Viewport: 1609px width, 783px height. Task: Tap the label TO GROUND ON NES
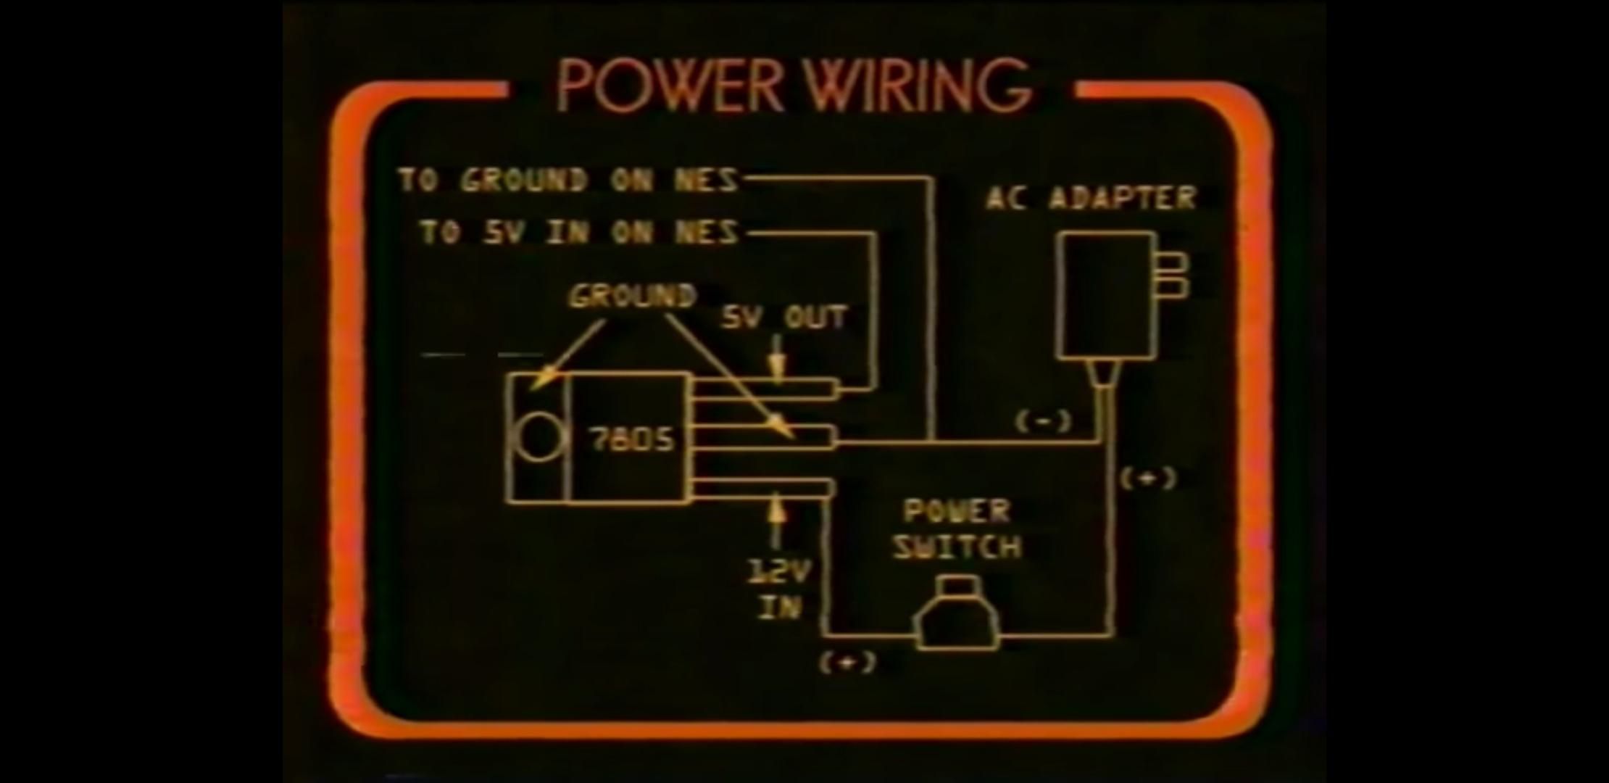(569, 180)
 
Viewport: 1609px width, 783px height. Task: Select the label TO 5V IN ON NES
(579, 232)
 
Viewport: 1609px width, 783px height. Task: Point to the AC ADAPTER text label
(1091, 197)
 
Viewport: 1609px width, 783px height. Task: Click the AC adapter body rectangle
(1107, 296)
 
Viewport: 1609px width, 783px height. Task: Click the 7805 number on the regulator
(631, 439)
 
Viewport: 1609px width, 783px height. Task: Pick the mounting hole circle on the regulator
(539, 437)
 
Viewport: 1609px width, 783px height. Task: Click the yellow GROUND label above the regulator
(632, 296)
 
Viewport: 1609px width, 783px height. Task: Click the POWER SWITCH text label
(957, 529)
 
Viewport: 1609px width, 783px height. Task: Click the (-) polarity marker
(1043, 421)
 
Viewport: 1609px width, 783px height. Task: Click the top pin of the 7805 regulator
(765, 389)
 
